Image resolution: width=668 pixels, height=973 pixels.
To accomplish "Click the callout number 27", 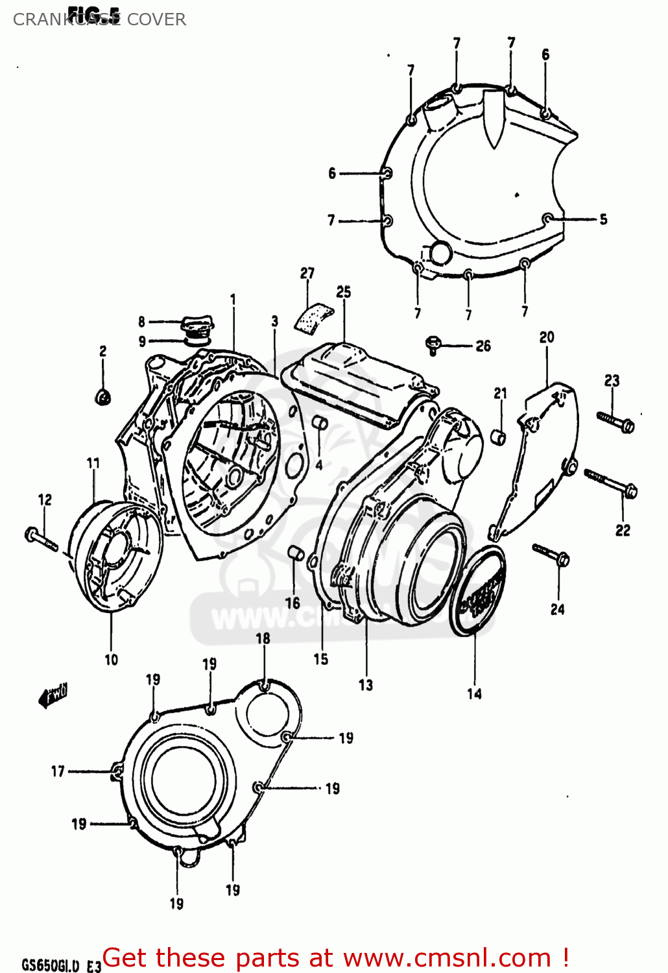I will tap(307, 273).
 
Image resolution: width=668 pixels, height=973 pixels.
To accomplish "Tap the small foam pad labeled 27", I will tap(315, 317).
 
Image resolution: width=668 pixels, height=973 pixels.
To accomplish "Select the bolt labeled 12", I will tap(41, 538).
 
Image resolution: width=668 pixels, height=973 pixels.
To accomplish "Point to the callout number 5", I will tap(603, 219).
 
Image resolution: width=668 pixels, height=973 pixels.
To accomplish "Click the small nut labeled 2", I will tap(103, 396).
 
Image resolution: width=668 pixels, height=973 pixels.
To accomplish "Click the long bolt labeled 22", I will tap(611, 483).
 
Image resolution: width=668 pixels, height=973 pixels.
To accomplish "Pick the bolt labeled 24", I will tap(551, 555).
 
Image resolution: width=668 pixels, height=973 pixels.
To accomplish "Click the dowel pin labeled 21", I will tap(499, 437).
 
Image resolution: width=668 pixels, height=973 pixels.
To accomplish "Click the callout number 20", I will tap(547, 337).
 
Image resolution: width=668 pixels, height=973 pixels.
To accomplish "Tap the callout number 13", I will tap(366, 684).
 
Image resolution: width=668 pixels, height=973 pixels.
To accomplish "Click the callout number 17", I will tap(58, 771).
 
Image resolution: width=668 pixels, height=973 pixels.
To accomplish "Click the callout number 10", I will tap(112, 660).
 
